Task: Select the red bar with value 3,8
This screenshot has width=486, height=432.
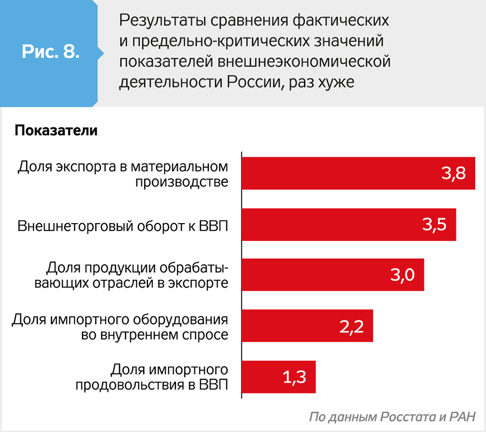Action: pyautogui.click(x=358, y=173)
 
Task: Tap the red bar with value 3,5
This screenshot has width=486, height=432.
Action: pyautogui.click(x=348, y=225)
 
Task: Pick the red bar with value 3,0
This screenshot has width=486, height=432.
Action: pyautogui.click(x=333, y=275)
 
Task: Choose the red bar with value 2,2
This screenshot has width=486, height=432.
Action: pyautogui.click(x=307, y=326)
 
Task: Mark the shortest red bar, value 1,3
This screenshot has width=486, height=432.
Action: pyautogui.click(x=278, y=377)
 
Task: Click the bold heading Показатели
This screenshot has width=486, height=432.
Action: pyautogui.click(x=56, y=131)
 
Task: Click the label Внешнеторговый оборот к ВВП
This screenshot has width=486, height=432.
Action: pyautogui.click(x=122, y=227)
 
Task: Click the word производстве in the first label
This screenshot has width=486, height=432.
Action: pyautogui.click(x=181, y=182)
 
